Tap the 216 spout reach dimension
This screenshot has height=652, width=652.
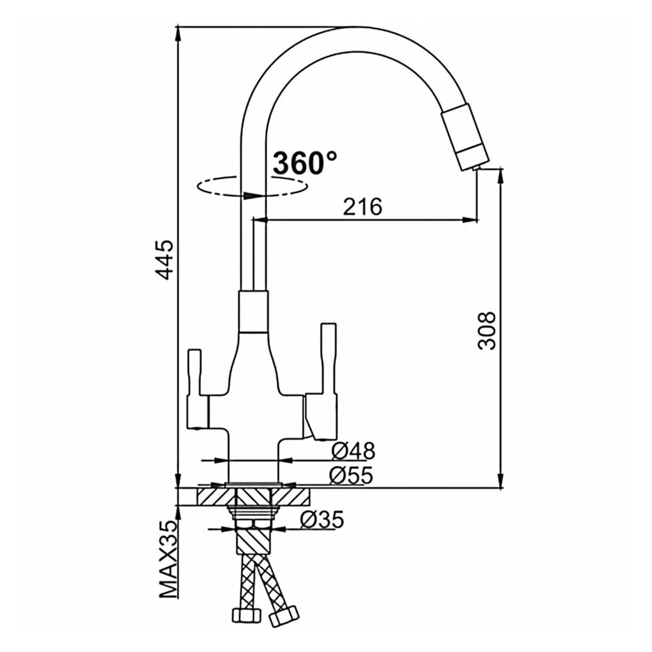click(363, 206)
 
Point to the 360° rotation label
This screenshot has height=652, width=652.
click(304, 162)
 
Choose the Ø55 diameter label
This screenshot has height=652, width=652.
click(352, 476)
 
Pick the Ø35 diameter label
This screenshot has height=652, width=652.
click(322, 520)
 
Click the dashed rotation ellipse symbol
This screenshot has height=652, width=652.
click(251, 187)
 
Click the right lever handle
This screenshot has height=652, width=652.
click(326, 380)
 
